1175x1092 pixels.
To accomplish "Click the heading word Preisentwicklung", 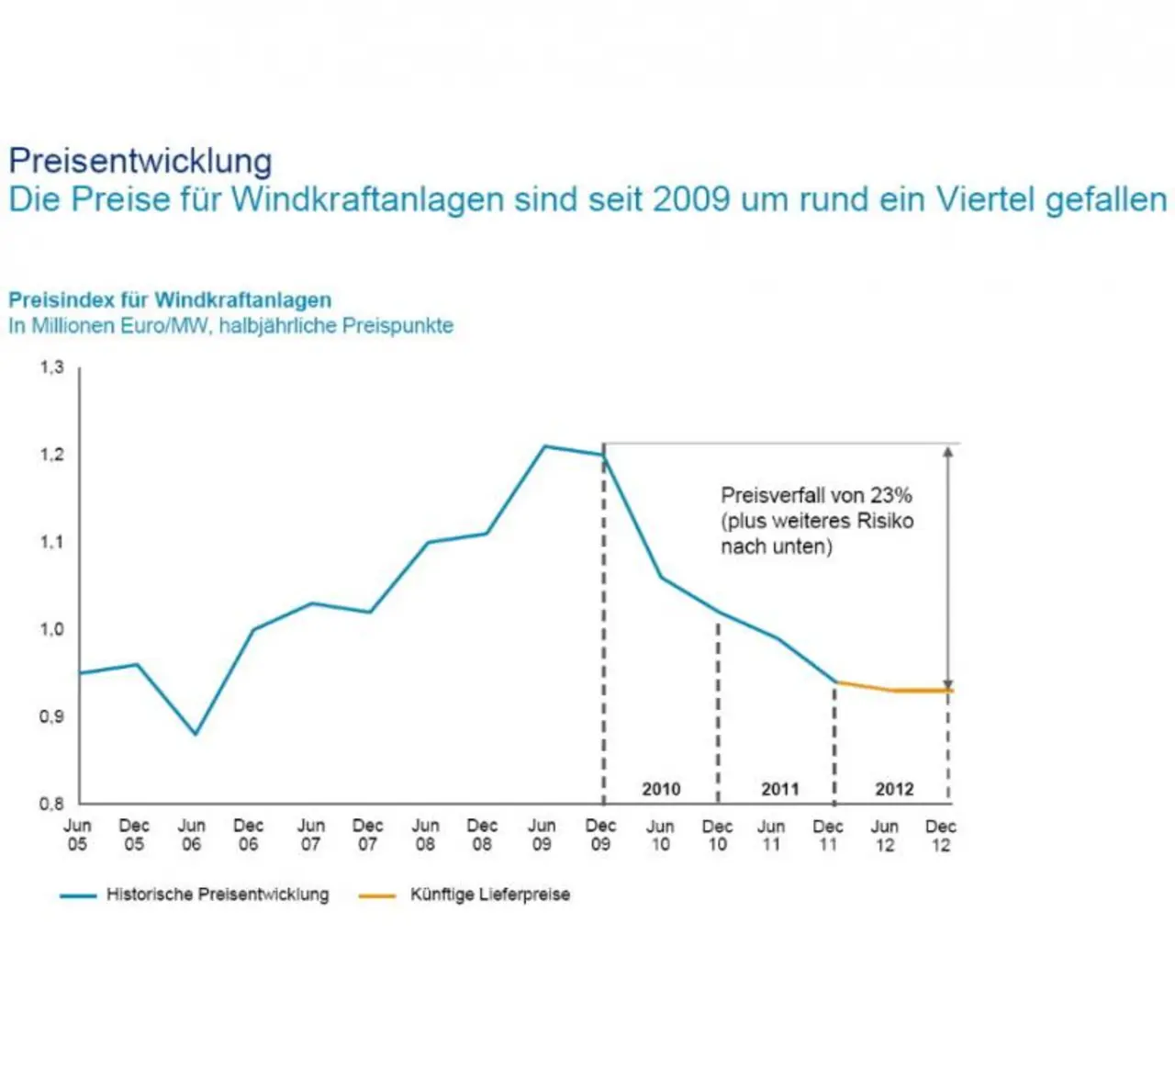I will pos(140,161).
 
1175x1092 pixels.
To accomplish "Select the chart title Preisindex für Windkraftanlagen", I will pos(170,300).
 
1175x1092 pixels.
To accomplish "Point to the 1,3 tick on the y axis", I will pos(51,367).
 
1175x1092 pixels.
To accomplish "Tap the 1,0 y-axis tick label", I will pos(51,630).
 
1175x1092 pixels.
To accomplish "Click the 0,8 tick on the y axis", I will pos(51,804).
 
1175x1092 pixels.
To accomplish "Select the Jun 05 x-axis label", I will pos(77,835).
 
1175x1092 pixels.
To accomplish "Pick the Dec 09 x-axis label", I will pos(600,835).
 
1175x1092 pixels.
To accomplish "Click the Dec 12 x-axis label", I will pos(941,835).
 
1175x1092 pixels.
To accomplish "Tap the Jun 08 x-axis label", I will pos(425,835).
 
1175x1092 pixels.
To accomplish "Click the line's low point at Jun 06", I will pos(195,734).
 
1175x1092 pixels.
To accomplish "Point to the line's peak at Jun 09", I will pos(544,446).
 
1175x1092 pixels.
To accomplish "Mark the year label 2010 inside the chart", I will pos(661,789).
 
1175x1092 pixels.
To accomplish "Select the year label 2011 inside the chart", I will pos(780,789).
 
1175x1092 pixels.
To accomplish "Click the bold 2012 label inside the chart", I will pos(894,789).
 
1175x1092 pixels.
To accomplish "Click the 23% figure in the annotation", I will pos(891,496).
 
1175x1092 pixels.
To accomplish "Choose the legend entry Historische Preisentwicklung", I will pos(217,895).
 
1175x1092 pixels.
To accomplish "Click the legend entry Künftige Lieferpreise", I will pos(489,895).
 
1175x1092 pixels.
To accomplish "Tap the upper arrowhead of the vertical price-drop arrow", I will pos(948,451).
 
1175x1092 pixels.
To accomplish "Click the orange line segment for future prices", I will pos(895,689).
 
